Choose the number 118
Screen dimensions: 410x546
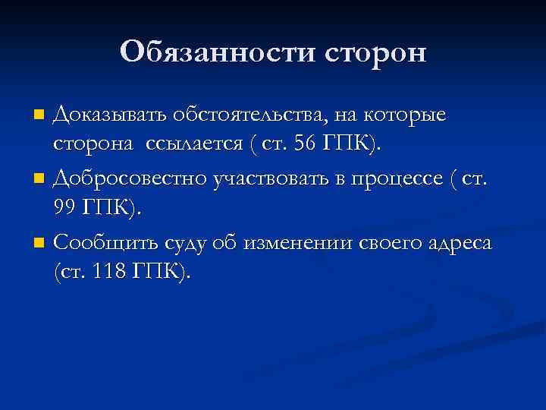coord(111,272)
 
